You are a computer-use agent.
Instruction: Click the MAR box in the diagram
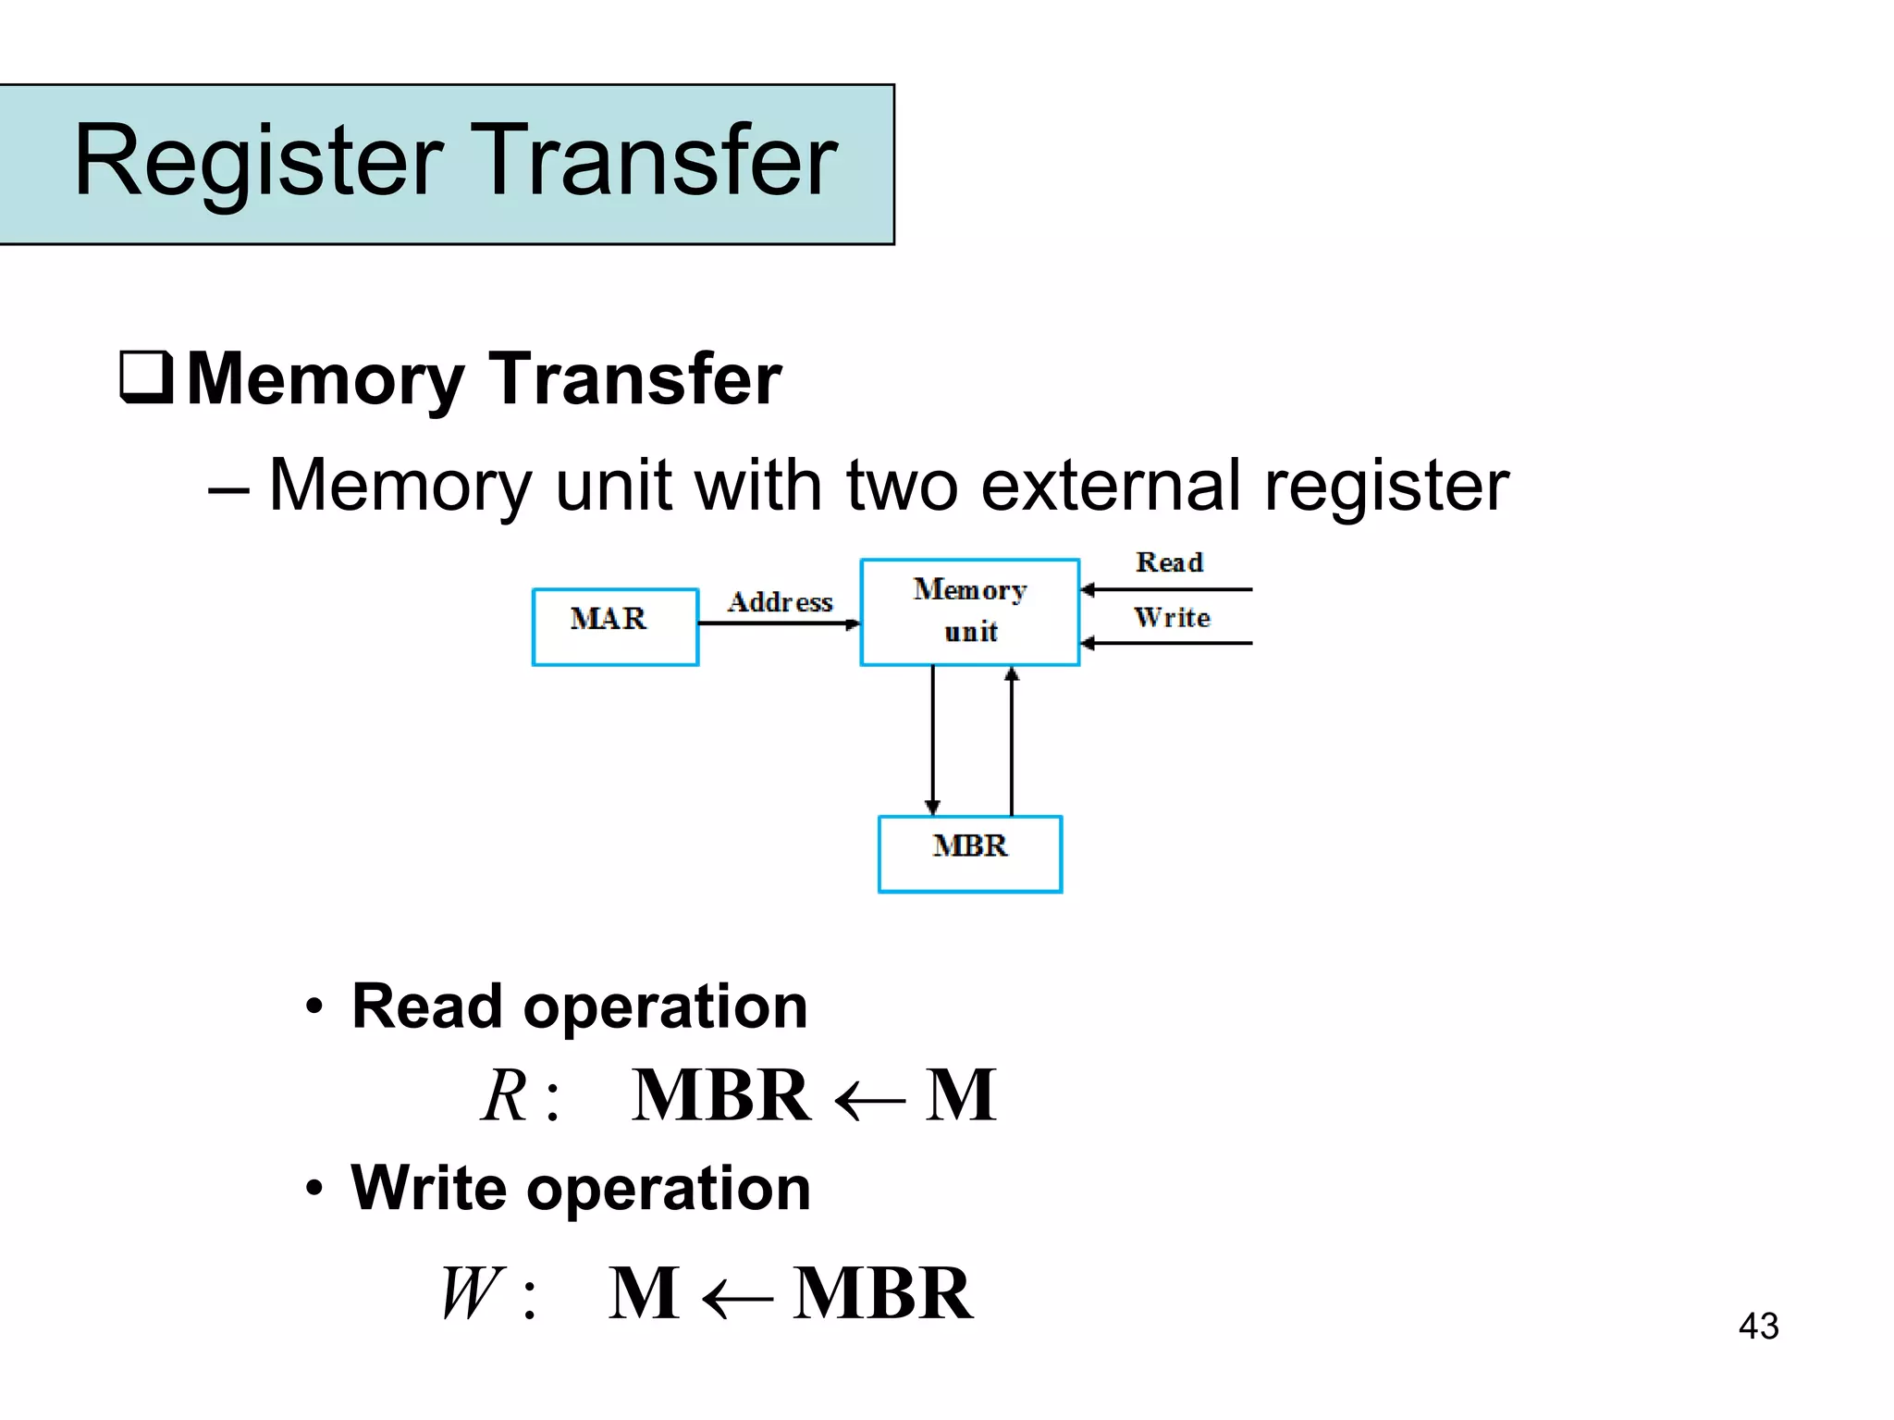click(615, 626)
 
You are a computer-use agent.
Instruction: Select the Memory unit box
click(969, 611)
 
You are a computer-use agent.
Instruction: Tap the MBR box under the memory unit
click(969, 853)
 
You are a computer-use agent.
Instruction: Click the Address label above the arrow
click(780, 602)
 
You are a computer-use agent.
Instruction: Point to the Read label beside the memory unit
click(1169, 562)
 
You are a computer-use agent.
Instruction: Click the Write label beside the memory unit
click(1172, 617)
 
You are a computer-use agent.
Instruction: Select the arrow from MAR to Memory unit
click(779, 624)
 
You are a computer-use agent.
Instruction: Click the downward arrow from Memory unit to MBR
click(932, 740)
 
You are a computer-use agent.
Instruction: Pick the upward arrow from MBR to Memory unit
click(1012, 740)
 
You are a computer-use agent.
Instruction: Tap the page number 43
click(1758, 1326)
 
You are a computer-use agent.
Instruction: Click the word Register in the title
click(259, 162)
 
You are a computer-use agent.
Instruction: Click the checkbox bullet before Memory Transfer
click(146, 377)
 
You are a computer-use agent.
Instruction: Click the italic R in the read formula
click(505, 1096)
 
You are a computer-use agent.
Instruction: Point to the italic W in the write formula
click(472, 1293)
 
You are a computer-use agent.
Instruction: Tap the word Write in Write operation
click(428, 1188)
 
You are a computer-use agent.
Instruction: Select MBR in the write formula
click(882, 1293)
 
